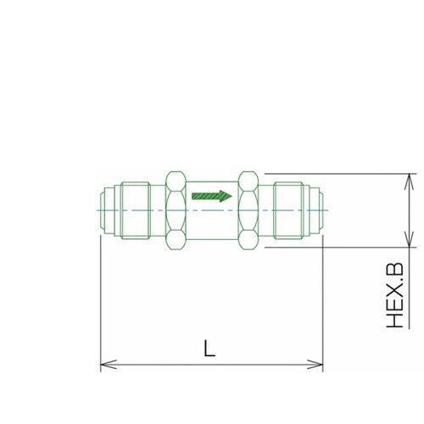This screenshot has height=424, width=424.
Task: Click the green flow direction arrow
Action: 212,196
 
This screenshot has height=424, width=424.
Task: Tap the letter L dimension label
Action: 209,349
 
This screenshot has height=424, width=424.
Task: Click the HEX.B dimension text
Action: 395,295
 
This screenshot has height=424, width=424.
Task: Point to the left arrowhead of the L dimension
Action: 109,365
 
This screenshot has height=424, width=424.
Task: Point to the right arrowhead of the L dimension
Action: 315,365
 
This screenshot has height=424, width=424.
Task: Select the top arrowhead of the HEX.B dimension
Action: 409,181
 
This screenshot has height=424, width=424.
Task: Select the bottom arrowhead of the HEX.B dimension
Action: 409,239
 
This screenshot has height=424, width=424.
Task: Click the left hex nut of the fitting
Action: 176,210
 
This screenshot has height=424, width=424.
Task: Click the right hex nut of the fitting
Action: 248,210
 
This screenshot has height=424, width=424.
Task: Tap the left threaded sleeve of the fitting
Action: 136,210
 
